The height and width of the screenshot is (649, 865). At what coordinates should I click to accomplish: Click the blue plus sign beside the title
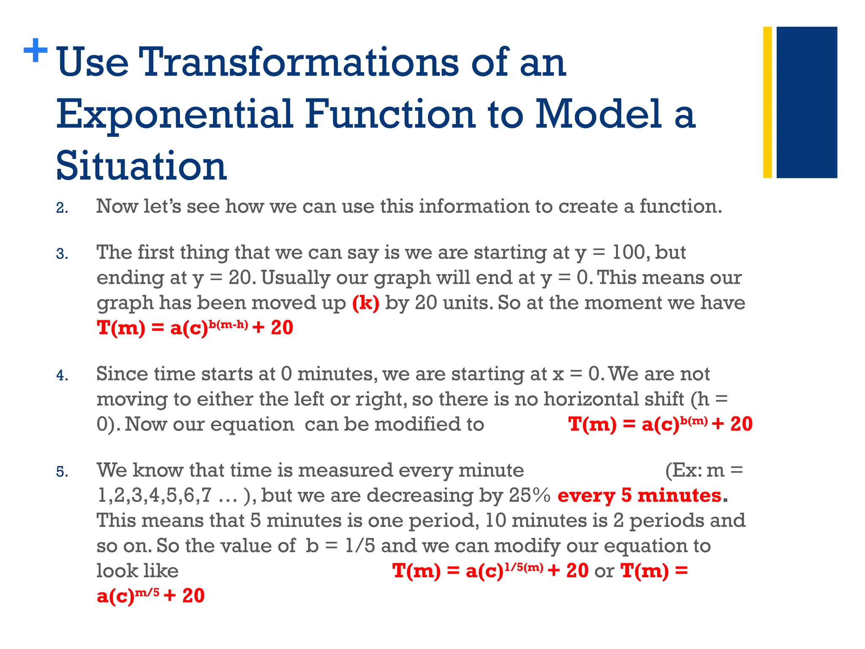click(35, 50)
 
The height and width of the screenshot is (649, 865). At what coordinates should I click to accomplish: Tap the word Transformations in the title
click(298, 63)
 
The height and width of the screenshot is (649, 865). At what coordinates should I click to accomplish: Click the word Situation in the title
click(141, 166)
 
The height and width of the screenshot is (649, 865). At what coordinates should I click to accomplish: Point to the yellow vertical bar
click(767, 102)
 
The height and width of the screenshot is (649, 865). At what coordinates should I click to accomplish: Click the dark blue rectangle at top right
click(806, 102)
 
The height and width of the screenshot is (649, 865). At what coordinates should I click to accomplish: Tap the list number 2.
click(62, 208)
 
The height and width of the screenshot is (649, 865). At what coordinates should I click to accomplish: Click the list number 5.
click(62, 472)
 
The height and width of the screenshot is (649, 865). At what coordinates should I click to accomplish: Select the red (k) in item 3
click(366, 303)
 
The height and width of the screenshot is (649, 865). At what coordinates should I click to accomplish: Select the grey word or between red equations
click(604, 571)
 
